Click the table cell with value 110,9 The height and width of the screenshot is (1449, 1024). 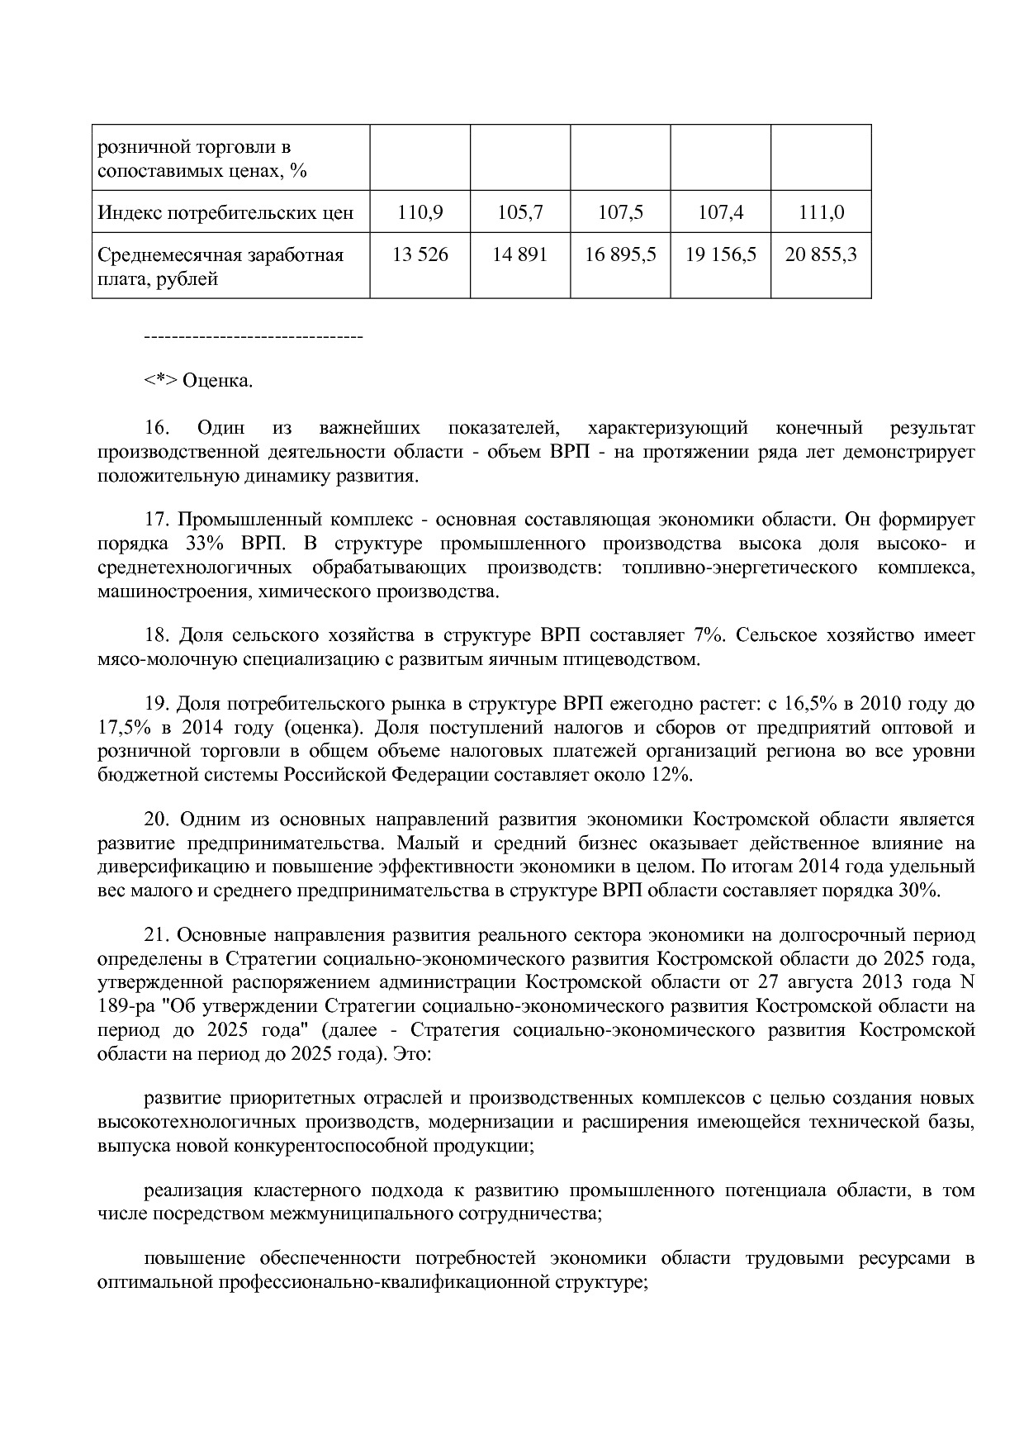tap(420, 212)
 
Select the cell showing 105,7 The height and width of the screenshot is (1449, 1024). tap(520, 212)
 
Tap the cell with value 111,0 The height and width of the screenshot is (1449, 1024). tap(821, 212)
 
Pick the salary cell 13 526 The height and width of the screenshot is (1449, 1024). tap(420, 254)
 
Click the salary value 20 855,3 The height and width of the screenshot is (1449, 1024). tap(821, 254)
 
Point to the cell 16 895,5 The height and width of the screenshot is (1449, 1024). tap(620, 254)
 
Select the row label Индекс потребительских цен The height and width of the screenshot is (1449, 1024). tap(225, 213)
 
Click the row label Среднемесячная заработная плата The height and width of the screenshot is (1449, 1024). tap(220, 266)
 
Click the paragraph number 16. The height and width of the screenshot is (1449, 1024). tap(157, 428)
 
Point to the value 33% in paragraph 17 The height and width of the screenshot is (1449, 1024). tap(194, 544)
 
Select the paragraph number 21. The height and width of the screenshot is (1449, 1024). tap(157, 935)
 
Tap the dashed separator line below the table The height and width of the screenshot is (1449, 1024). tap(254, 337)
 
